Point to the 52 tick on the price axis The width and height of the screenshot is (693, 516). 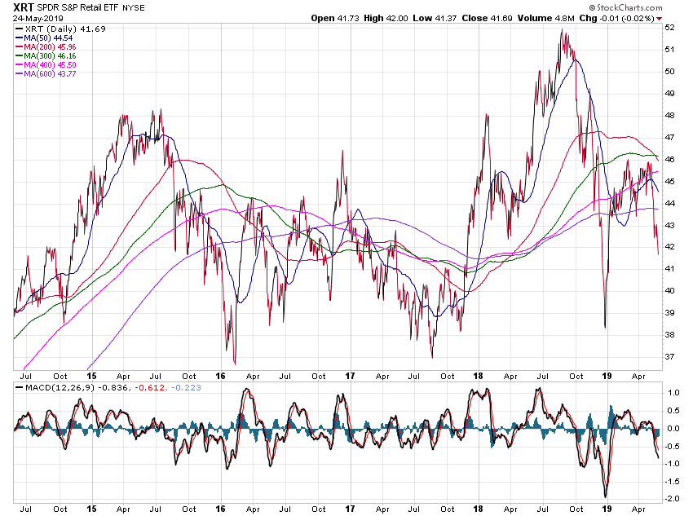click(669, 27)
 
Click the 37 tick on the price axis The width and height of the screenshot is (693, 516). click(669, 356)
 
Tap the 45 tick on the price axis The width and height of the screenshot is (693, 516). click(669, 181)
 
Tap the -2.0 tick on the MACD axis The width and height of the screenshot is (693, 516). click(672, 498)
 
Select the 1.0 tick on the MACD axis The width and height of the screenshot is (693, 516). click(672, 393)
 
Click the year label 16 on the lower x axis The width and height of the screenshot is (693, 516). click(220, 507)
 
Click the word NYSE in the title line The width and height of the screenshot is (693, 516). click(134, 7)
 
